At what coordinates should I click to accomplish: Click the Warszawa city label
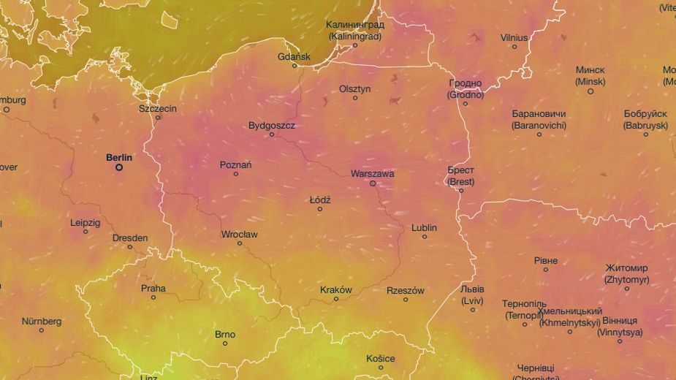tap(372, 174)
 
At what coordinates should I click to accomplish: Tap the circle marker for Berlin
tap(119, 167)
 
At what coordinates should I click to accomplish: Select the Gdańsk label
tap(294, 56)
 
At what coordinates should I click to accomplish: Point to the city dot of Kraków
tap(336, 299)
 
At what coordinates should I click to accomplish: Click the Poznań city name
tap(235, 164)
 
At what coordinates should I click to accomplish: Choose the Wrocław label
tap(239, 235)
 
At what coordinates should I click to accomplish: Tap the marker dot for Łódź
tap(319, 209)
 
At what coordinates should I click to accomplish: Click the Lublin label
tap(424, 227)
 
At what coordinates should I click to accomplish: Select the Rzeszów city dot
tap(406, 299)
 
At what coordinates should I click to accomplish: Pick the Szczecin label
tap(158, 108)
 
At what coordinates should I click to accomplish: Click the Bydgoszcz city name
tap(272, 125)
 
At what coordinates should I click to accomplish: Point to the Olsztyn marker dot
tap(355, 98)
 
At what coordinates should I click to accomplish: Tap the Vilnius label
tap(514, 37)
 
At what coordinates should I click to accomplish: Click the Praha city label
tap(153, 288)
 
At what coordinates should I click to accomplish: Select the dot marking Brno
tap(225, 343)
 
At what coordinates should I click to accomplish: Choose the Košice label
tap(381, 358)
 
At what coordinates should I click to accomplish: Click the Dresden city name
tap(130, 237)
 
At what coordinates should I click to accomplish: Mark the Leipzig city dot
tap(86, 232)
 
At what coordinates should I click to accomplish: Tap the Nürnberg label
tap(42, 321)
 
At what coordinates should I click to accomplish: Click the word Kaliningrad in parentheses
tap(355, 35)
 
